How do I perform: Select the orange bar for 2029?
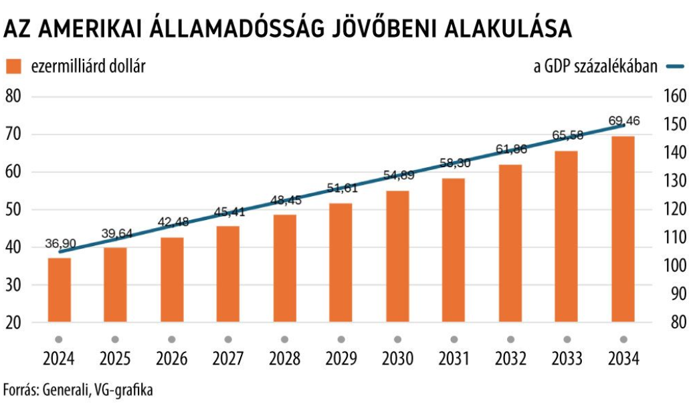pyautogui.click(x=341, y=262)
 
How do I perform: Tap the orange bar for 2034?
pyautogui.click(x=623, y=229)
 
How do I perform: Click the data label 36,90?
pyautogui.click(x=59, y=244)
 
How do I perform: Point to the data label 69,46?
pyautogui.click(x=624, y=121)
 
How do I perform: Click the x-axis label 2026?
pyautogui.click(x=171, y=359)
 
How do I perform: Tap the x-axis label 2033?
pyautogui.click(x=567, y=359)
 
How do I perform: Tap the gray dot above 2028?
pyautogui.click(x=284, y=339)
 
